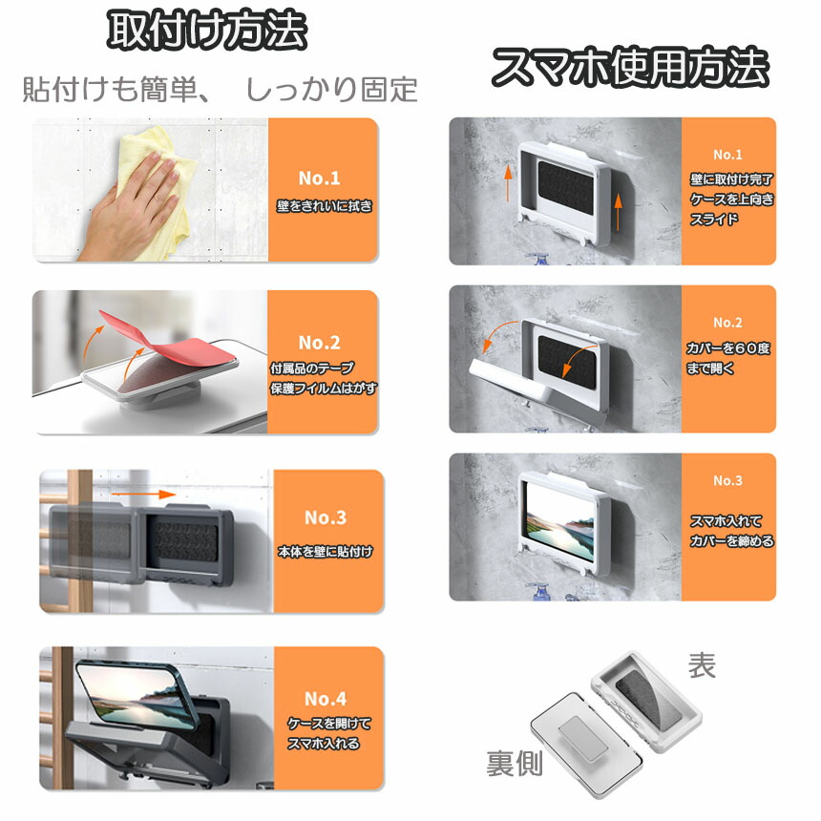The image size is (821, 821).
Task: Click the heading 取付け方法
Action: coord(207,31)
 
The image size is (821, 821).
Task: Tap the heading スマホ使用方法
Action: coord(630,67)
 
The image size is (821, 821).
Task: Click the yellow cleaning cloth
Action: coord(158,173)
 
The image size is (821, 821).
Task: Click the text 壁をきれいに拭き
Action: coord(325,206)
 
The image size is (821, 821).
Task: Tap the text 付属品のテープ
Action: coord(312,368)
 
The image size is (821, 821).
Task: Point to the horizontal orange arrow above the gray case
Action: coord(143,495)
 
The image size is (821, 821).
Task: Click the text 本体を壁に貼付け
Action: coord(326,552)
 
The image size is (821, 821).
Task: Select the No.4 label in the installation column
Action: coord(326,699)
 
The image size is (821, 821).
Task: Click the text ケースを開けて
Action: coord(329,723)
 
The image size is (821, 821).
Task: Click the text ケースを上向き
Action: coord(731,199)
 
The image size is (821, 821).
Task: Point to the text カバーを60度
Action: coord(728,348)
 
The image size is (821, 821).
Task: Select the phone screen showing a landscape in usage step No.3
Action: coord(559,521)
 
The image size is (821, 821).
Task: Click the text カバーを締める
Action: coord(731,541)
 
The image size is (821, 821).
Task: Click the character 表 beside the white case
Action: coord(702,665)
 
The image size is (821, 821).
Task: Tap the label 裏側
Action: coord(515,763)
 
